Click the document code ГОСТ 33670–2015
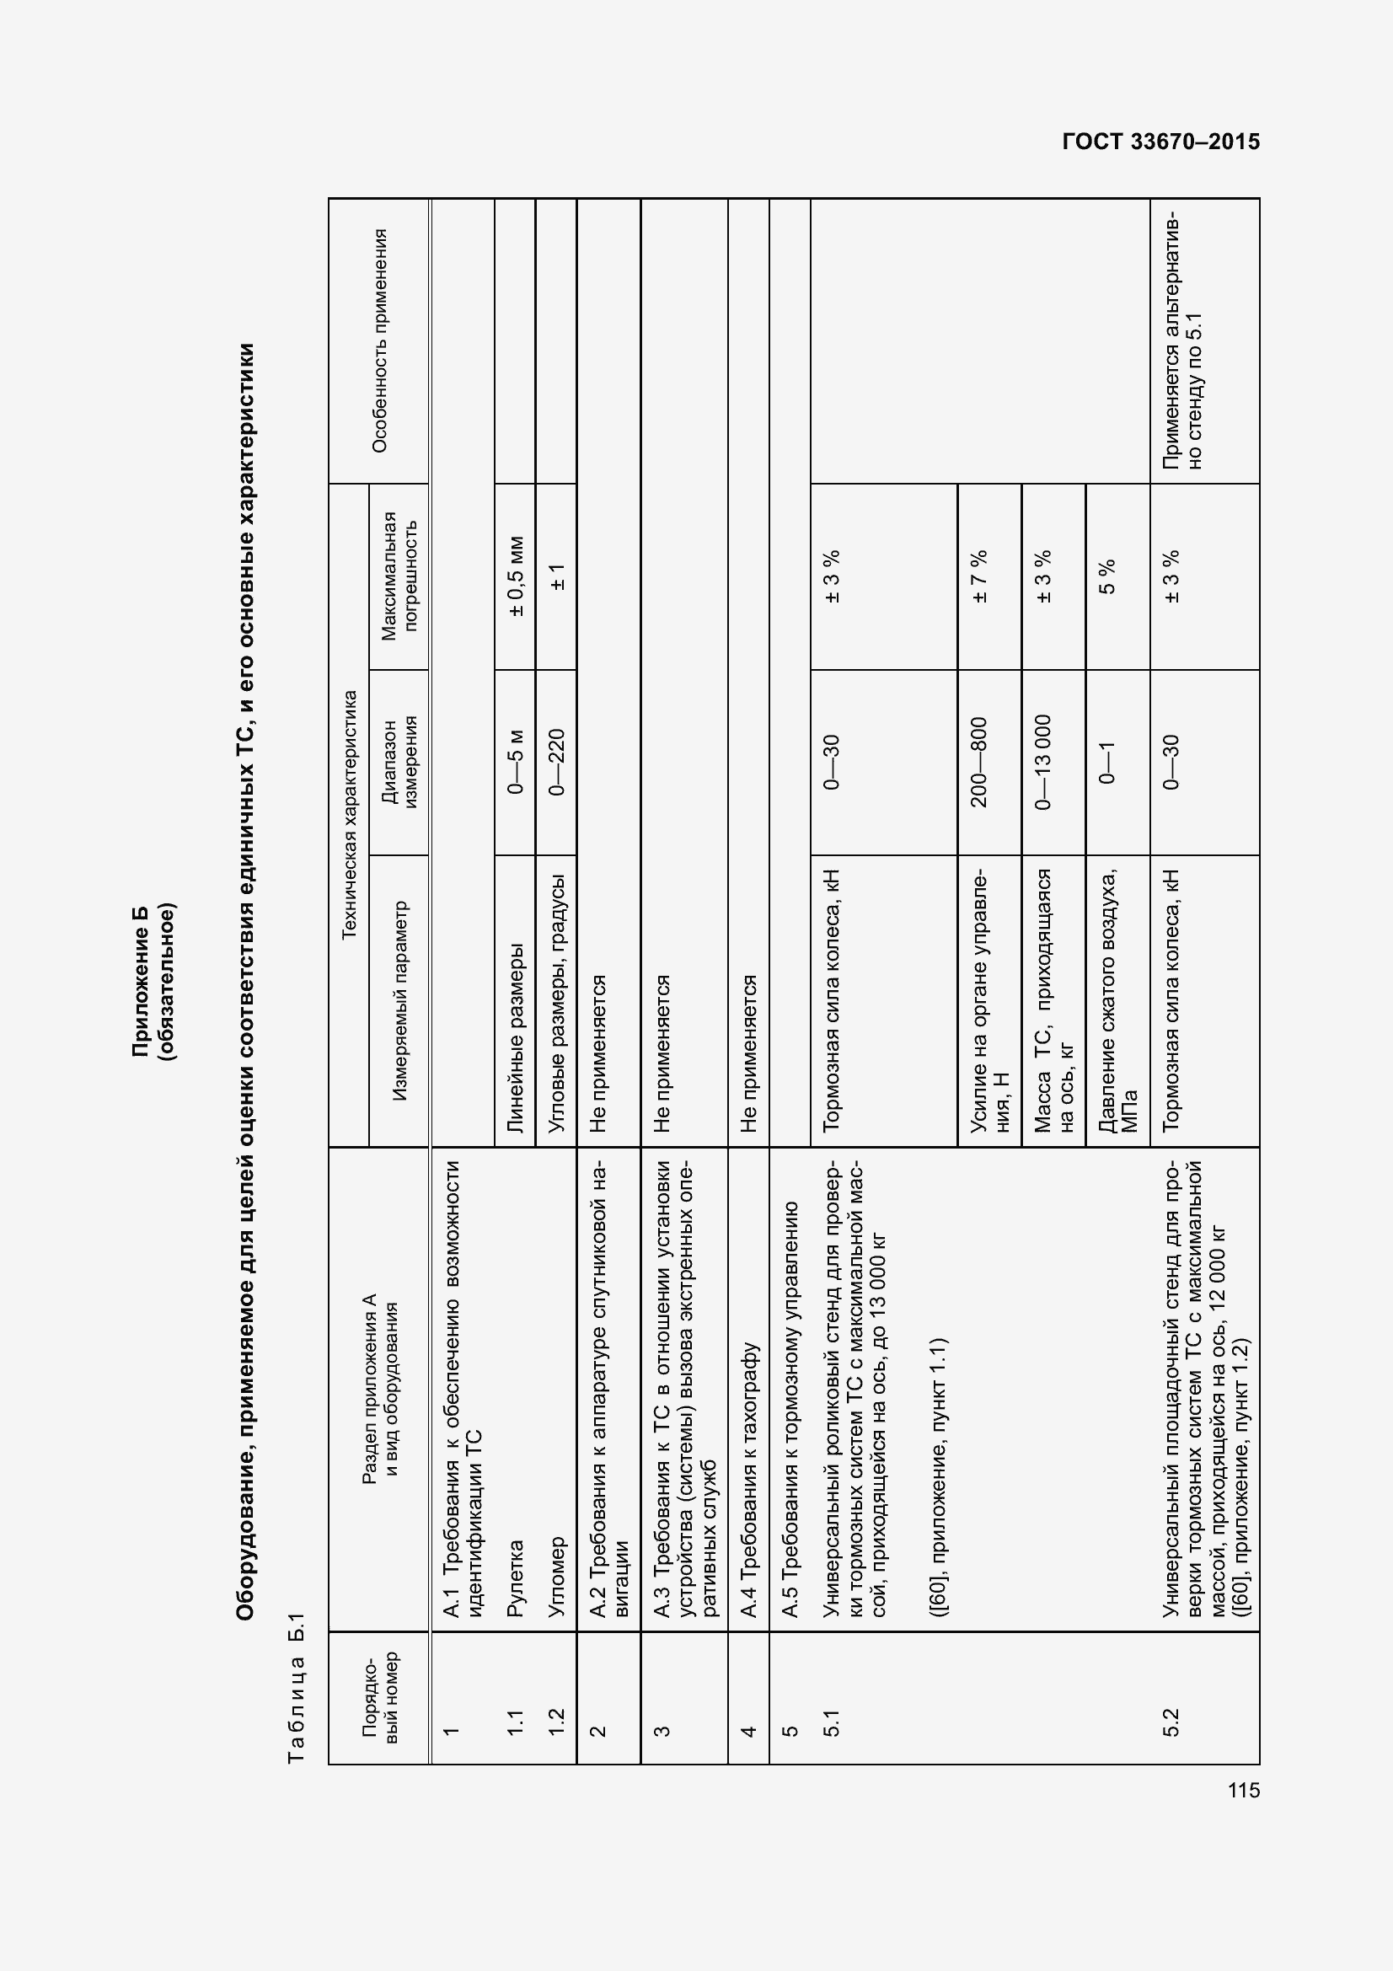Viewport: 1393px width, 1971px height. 1160,142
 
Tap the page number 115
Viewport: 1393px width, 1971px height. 1244,1790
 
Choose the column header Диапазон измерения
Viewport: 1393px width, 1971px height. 399,763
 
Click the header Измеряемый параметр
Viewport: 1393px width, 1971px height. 399,1001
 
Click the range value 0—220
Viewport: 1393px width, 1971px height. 556,763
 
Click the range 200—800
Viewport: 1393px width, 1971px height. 979,763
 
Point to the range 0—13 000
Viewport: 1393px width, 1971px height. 1042,763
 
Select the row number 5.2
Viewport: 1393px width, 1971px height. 1171,1722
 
